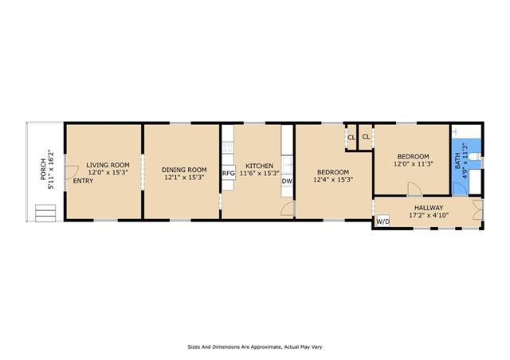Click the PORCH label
(43, 170)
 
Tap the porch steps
(45, 213)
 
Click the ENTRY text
(83, 181)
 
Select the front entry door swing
(73, 172)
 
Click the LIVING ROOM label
(108, 165)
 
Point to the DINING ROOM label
(184, 170)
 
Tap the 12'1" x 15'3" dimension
(184, 178)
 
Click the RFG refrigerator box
(229, 174)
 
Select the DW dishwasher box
(287, 181)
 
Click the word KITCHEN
(259, 166)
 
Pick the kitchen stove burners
(228, 147)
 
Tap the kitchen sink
(288, 165)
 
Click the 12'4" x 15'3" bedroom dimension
(333, 179)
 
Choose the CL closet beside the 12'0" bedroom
(367, 137)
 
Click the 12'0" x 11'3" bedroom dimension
(413, 164)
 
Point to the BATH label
(457, 161)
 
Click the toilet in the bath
(475, 157)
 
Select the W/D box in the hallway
(382, 221)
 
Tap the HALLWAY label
(429, 208)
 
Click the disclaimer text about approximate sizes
(255, 347)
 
